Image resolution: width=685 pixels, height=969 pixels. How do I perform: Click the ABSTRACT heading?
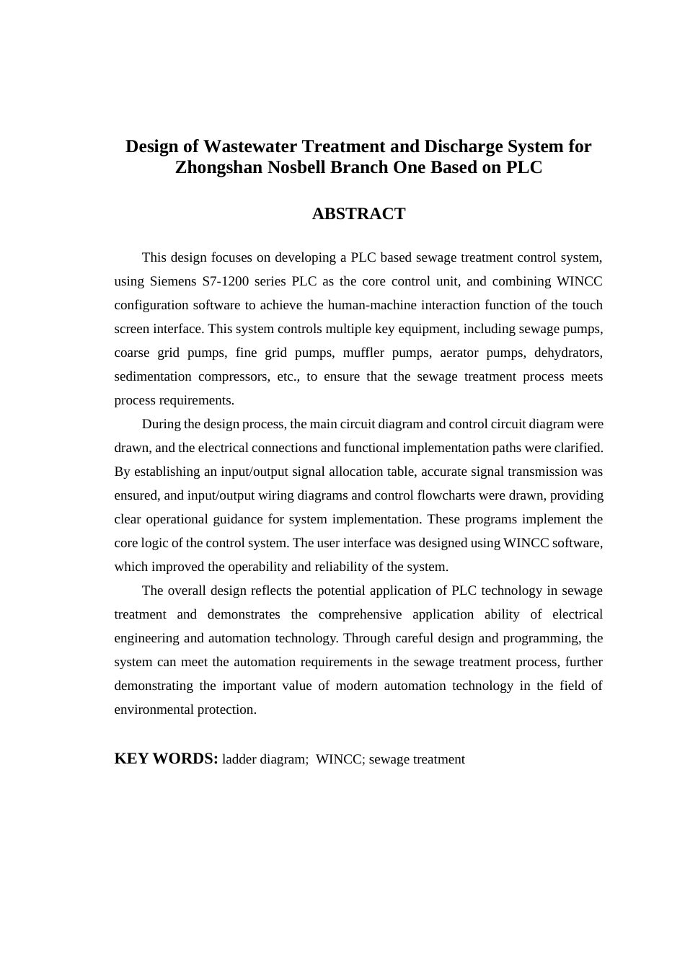click(358, 213)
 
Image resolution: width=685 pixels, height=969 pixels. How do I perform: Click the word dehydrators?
click(568, 353)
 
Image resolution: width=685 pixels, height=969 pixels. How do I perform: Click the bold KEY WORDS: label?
click(166, 758)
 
